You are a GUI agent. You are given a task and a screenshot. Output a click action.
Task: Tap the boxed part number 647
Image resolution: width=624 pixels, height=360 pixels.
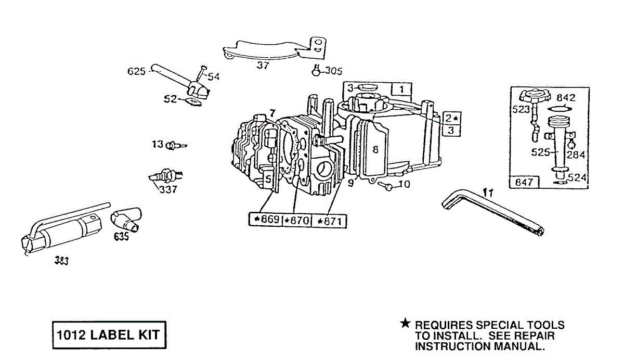[523, 183]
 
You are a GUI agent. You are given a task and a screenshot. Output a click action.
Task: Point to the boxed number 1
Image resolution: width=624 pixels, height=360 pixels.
[402, 89]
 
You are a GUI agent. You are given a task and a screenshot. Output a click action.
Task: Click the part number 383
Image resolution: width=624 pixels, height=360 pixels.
[61, 261]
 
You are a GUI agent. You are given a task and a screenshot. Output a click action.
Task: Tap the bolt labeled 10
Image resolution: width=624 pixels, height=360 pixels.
[385, 185]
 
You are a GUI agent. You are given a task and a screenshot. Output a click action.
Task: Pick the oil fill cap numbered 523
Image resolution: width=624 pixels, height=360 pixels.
[536, 97]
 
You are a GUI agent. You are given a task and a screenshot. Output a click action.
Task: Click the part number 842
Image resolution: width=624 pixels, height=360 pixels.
[566, 98]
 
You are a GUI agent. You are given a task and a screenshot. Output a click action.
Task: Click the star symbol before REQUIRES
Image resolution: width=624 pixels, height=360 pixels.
[406, 324]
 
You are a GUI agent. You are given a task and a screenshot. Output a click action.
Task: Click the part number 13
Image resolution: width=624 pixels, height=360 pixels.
[158, 144]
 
